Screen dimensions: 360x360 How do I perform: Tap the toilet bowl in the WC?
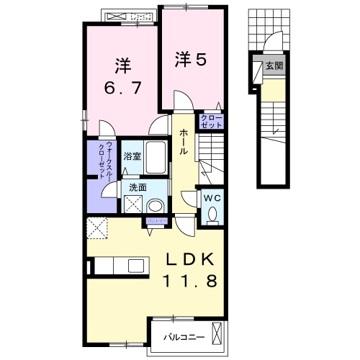[212, 214]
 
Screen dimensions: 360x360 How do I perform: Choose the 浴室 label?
[131, 155]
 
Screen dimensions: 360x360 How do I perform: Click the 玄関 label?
[274, 66]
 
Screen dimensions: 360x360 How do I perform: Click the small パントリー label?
[156, 220]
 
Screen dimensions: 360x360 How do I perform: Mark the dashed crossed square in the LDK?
[97, 228]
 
